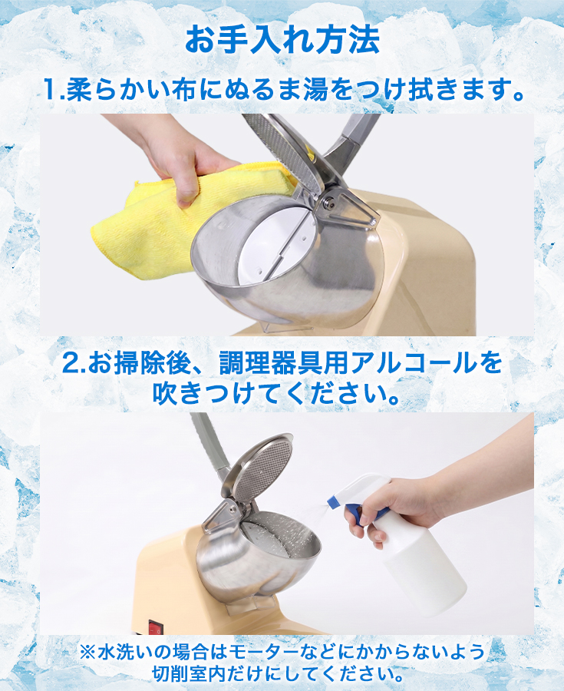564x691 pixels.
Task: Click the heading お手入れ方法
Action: point(282,40)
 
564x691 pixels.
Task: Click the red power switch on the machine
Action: point(154,627)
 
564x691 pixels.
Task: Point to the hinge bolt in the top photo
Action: point(328,202)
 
